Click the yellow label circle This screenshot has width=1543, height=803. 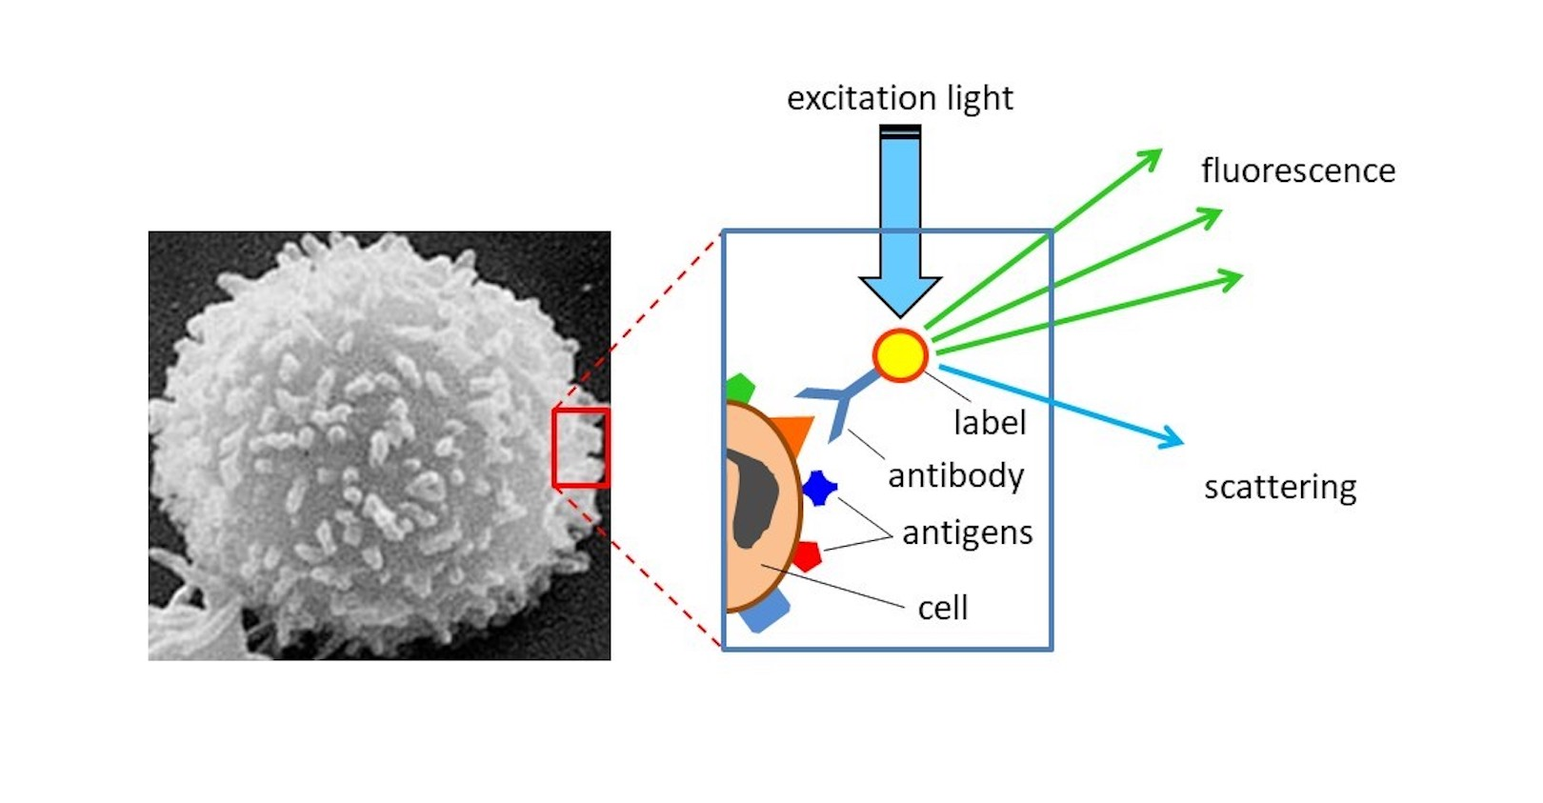click(900, 355)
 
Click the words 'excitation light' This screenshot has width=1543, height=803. click(899, 98)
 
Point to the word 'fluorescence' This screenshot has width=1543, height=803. click(1297, 171)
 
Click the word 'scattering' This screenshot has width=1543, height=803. click(1279, 487)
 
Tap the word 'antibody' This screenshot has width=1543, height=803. click(955, 475)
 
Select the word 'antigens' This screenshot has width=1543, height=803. click(967, 532)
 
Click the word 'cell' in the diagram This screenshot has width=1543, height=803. click(942, 608)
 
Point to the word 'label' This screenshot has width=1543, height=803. click(990, 422)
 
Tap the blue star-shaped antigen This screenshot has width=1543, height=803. click(818, 488)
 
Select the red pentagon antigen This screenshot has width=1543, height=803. click(807, 555)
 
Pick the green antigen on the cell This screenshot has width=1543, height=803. click(740, 389)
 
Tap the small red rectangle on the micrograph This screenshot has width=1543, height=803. click(581, 448)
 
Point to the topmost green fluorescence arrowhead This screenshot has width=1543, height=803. click(1153, 156)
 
